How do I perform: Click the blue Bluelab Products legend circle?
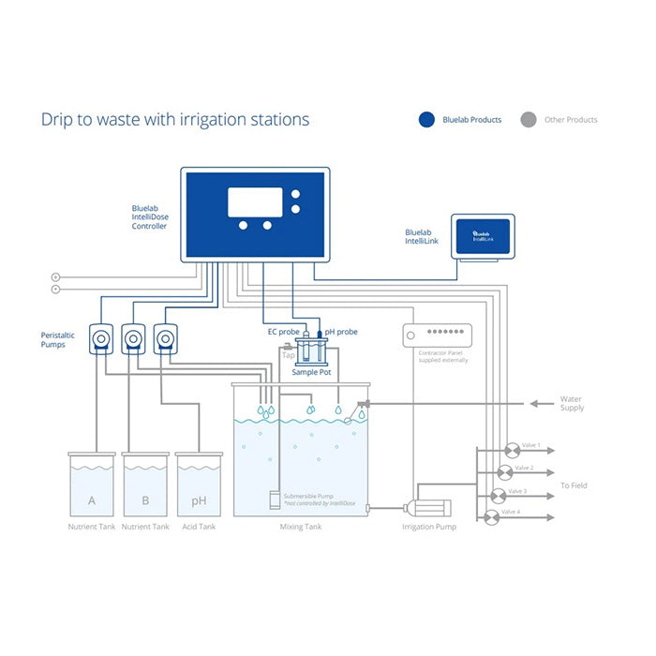tap(427, 120)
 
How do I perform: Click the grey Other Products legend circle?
tap(529, 120)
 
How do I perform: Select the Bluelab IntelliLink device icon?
tap(481, 237)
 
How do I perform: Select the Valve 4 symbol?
tap(491, 517)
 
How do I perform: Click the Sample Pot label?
tap(311, 372)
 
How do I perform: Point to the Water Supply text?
tap(572, 404)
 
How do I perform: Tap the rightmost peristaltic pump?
tap(165, 336)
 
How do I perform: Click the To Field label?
tap(574, 485)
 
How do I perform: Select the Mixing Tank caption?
tap(301, 528)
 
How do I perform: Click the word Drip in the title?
tap(58, 120)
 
